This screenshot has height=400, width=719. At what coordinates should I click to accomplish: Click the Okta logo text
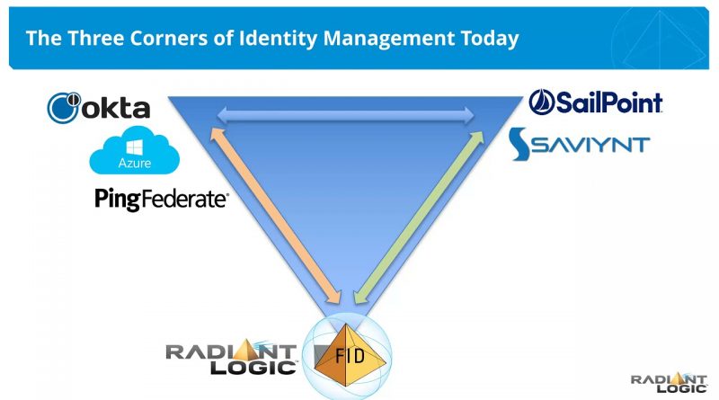point(116,108)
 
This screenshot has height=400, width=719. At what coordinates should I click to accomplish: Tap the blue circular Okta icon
point(64,108)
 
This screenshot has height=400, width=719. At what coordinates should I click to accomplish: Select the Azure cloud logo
point(134,150)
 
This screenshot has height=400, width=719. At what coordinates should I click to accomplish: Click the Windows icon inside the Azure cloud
point(134,147)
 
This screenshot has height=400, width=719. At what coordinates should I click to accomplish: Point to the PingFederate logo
point(162,200)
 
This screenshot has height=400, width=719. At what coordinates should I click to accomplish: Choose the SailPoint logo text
point(609,102)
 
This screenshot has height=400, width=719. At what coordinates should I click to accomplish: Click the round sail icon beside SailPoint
point(542,102)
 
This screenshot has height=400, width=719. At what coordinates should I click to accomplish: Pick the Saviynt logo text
point(591,145)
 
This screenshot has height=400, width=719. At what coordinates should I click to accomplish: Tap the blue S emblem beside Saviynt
point(520,144)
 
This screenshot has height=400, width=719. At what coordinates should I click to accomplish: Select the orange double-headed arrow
point(275,216)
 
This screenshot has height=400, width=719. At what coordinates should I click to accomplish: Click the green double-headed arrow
point(419,218)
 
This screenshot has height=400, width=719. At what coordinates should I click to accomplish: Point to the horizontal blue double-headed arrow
point(345,115)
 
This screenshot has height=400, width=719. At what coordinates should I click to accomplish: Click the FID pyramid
point(351,355)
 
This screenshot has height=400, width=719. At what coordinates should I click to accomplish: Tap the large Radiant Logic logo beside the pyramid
point(232,357)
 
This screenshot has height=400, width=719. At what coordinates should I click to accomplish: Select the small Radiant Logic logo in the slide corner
point(669,383)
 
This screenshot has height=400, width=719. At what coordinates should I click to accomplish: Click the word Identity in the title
point(278,38)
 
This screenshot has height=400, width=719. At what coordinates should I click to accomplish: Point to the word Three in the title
point(96,38)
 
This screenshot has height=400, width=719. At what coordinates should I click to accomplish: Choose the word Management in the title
point(389,39)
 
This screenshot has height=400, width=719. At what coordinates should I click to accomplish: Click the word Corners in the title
point(169,38)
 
